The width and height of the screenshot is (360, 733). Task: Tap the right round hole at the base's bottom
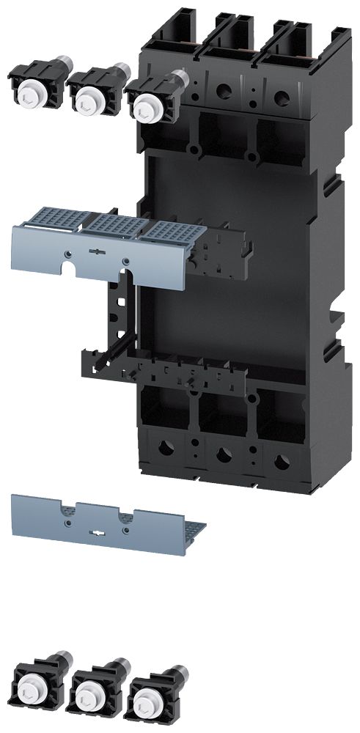(x=279, y=463)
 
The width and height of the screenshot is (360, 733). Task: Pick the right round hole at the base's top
(x=279, y=96)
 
